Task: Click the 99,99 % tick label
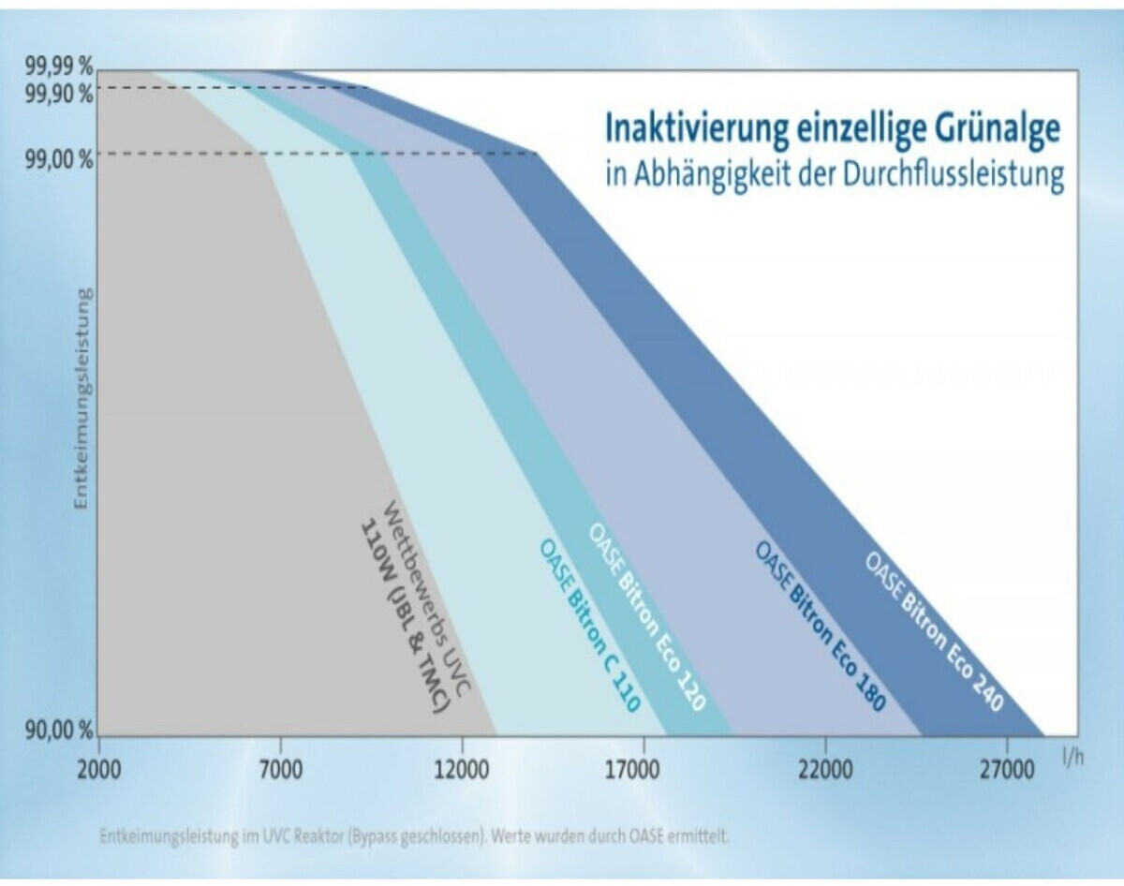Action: tap(59, 67)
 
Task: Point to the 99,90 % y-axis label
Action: tap(59, 93)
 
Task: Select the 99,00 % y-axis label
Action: tap(59, 156)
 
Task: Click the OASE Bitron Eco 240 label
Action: tap(934, 631)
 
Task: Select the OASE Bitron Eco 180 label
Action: tap(821, 627)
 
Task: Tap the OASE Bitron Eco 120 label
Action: tap(646, 615)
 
